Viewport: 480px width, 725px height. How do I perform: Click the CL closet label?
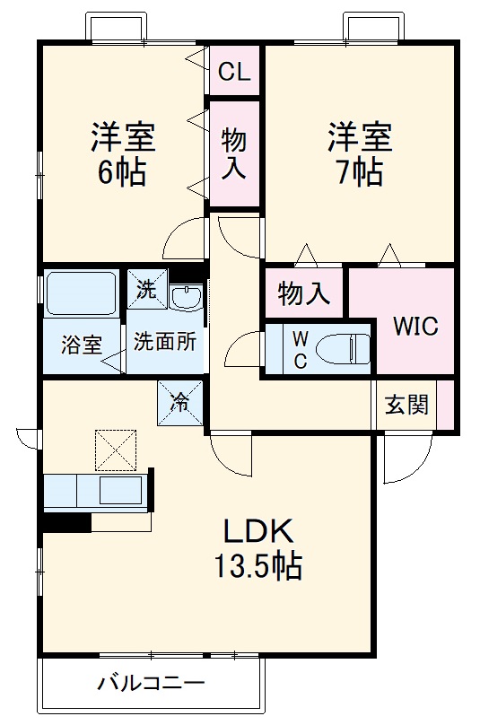(x=234, y=72)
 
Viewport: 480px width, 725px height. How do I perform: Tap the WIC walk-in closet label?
(x=415, y=326)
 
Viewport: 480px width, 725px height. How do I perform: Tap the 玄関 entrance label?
(x=406, y=405)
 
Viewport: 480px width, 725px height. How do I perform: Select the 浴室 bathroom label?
(x=81, y=344)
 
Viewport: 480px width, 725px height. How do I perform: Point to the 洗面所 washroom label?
(x=165, y=342)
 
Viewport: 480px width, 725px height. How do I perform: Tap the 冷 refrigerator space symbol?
(x=180, y=401)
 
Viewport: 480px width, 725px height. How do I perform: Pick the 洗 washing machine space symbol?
(x=146, y=289)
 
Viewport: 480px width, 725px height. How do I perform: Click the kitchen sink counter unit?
(x=96, y=493)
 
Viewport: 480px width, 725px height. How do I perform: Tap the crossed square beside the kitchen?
(x=116, y=450)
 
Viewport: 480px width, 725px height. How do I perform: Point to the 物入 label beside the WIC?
(x=303, y=293)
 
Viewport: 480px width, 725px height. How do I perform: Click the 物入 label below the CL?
(x=235, y=153)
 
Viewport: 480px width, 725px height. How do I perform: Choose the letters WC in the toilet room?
(x=301, y=348)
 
